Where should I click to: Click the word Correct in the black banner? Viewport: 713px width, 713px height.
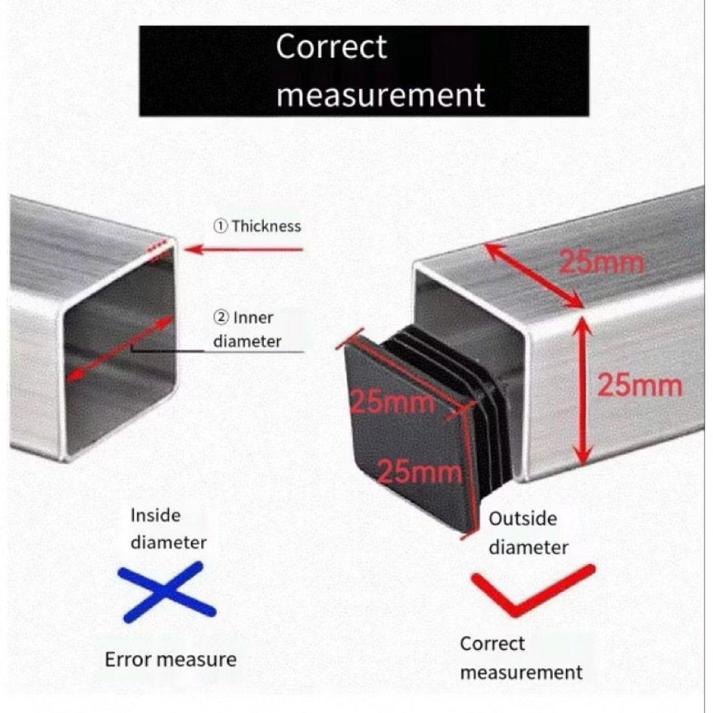pos(331,47)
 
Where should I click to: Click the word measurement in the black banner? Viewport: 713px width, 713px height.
pos(380,94)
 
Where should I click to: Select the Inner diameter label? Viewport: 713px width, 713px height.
pos(246,329)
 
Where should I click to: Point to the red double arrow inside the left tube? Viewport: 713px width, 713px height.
pos(119,349)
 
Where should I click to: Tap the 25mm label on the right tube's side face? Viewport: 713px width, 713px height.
pos(640,385)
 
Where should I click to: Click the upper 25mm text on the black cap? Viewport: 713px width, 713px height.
pos(392,402)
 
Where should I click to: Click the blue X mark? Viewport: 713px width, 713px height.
pos(167,592)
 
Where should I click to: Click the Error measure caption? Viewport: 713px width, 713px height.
pos(171,659)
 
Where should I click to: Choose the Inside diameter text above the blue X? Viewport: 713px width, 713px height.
pos(168,528)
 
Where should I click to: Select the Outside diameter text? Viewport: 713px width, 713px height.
pos(526,533)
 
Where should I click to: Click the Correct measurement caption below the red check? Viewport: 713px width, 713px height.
pos(520,658)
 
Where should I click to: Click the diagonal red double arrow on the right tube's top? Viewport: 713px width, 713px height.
pos(533,274)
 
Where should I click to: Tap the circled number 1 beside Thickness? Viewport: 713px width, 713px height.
pos(219,226)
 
